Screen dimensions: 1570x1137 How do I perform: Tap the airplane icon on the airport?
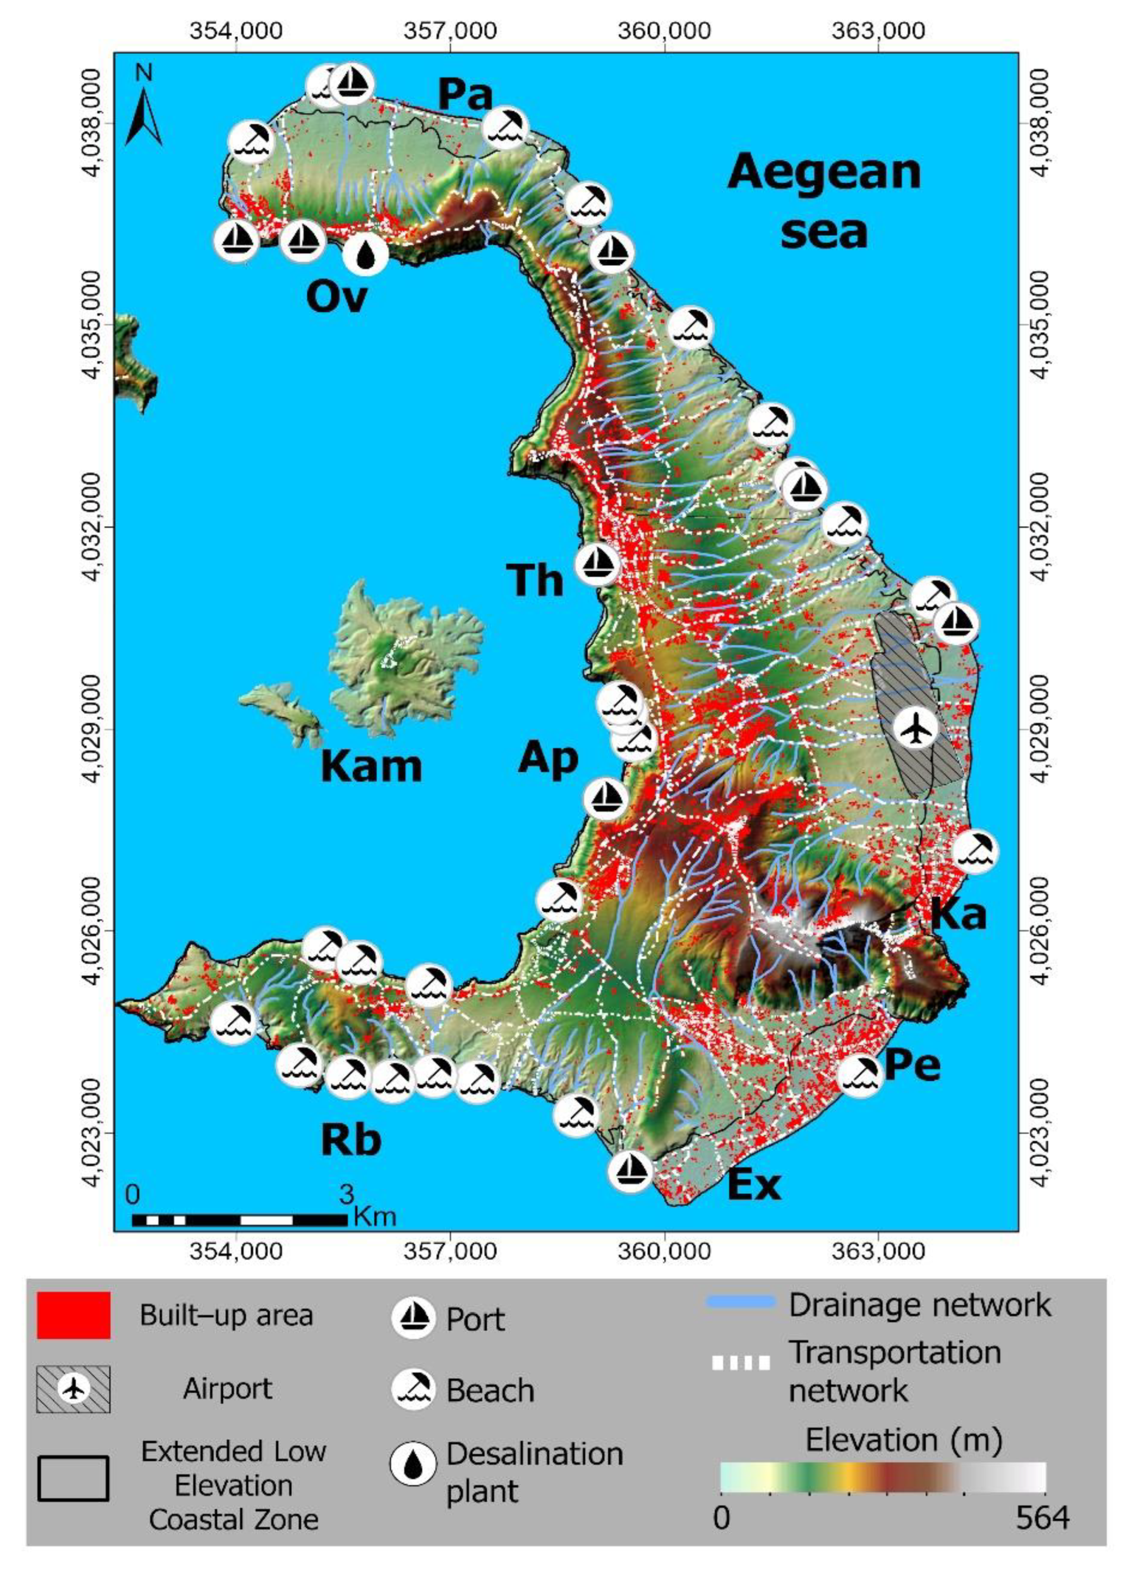click(x=915, y=728)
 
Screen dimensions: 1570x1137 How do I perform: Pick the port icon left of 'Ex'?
click(x=630, y=1170)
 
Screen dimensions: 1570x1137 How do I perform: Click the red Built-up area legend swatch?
click(x=73, y=1314)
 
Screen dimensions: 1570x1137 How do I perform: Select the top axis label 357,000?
click(x=451, y=31)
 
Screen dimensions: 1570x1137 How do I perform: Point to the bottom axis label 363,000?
click(x=877, y=1251)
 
